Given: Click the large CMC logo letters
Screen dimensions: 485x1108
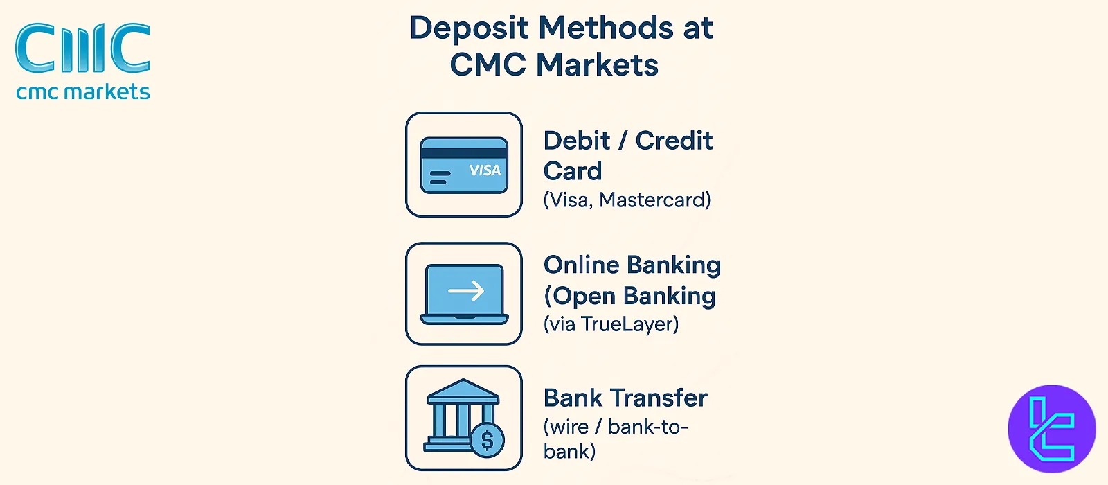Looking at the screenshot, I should click(x=82, y=48).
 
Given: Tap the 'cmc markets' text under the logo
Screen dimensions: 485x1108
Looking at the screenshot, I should click(x=83, y=92).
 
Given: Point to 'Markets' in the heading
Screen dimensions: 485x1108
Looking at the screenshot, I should click(x=597, y=65).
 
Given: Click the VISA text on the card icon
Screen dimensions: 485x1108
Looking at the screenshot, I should click(x=485, y=170).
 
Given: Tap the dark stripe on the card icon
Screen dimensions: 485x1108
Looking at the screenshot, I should click(x=464, y=153).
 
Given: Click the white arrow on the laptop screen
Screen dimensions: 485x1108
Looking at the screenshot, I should click(x=466, y=291).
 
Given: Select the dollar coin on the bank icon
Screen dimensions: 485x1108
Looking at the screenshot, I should click(x=487, y=439).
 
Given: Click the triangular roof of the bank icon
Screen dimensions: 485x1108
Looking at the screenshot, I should click(x=463, y=390).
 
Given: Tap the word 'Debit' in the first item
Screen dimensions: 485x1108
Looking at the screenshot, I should click(x=577, y=141).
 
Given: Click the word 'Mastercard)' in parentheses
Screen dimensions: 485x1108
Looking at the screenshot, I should click(x=654, y=200).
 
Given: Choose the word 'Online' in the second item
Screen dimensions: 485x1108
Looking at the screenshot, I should click(x=582, y=265).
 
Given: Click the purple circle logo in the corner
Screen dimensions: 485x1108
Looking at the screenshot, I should click(x=1051, y=429).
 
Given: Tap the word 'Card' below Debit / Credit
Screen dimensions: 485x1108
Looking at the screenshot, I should click(x=573, y=171).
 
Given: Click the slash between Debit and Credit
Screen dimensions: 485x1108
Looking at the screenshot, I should click(x=623, y=141).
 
